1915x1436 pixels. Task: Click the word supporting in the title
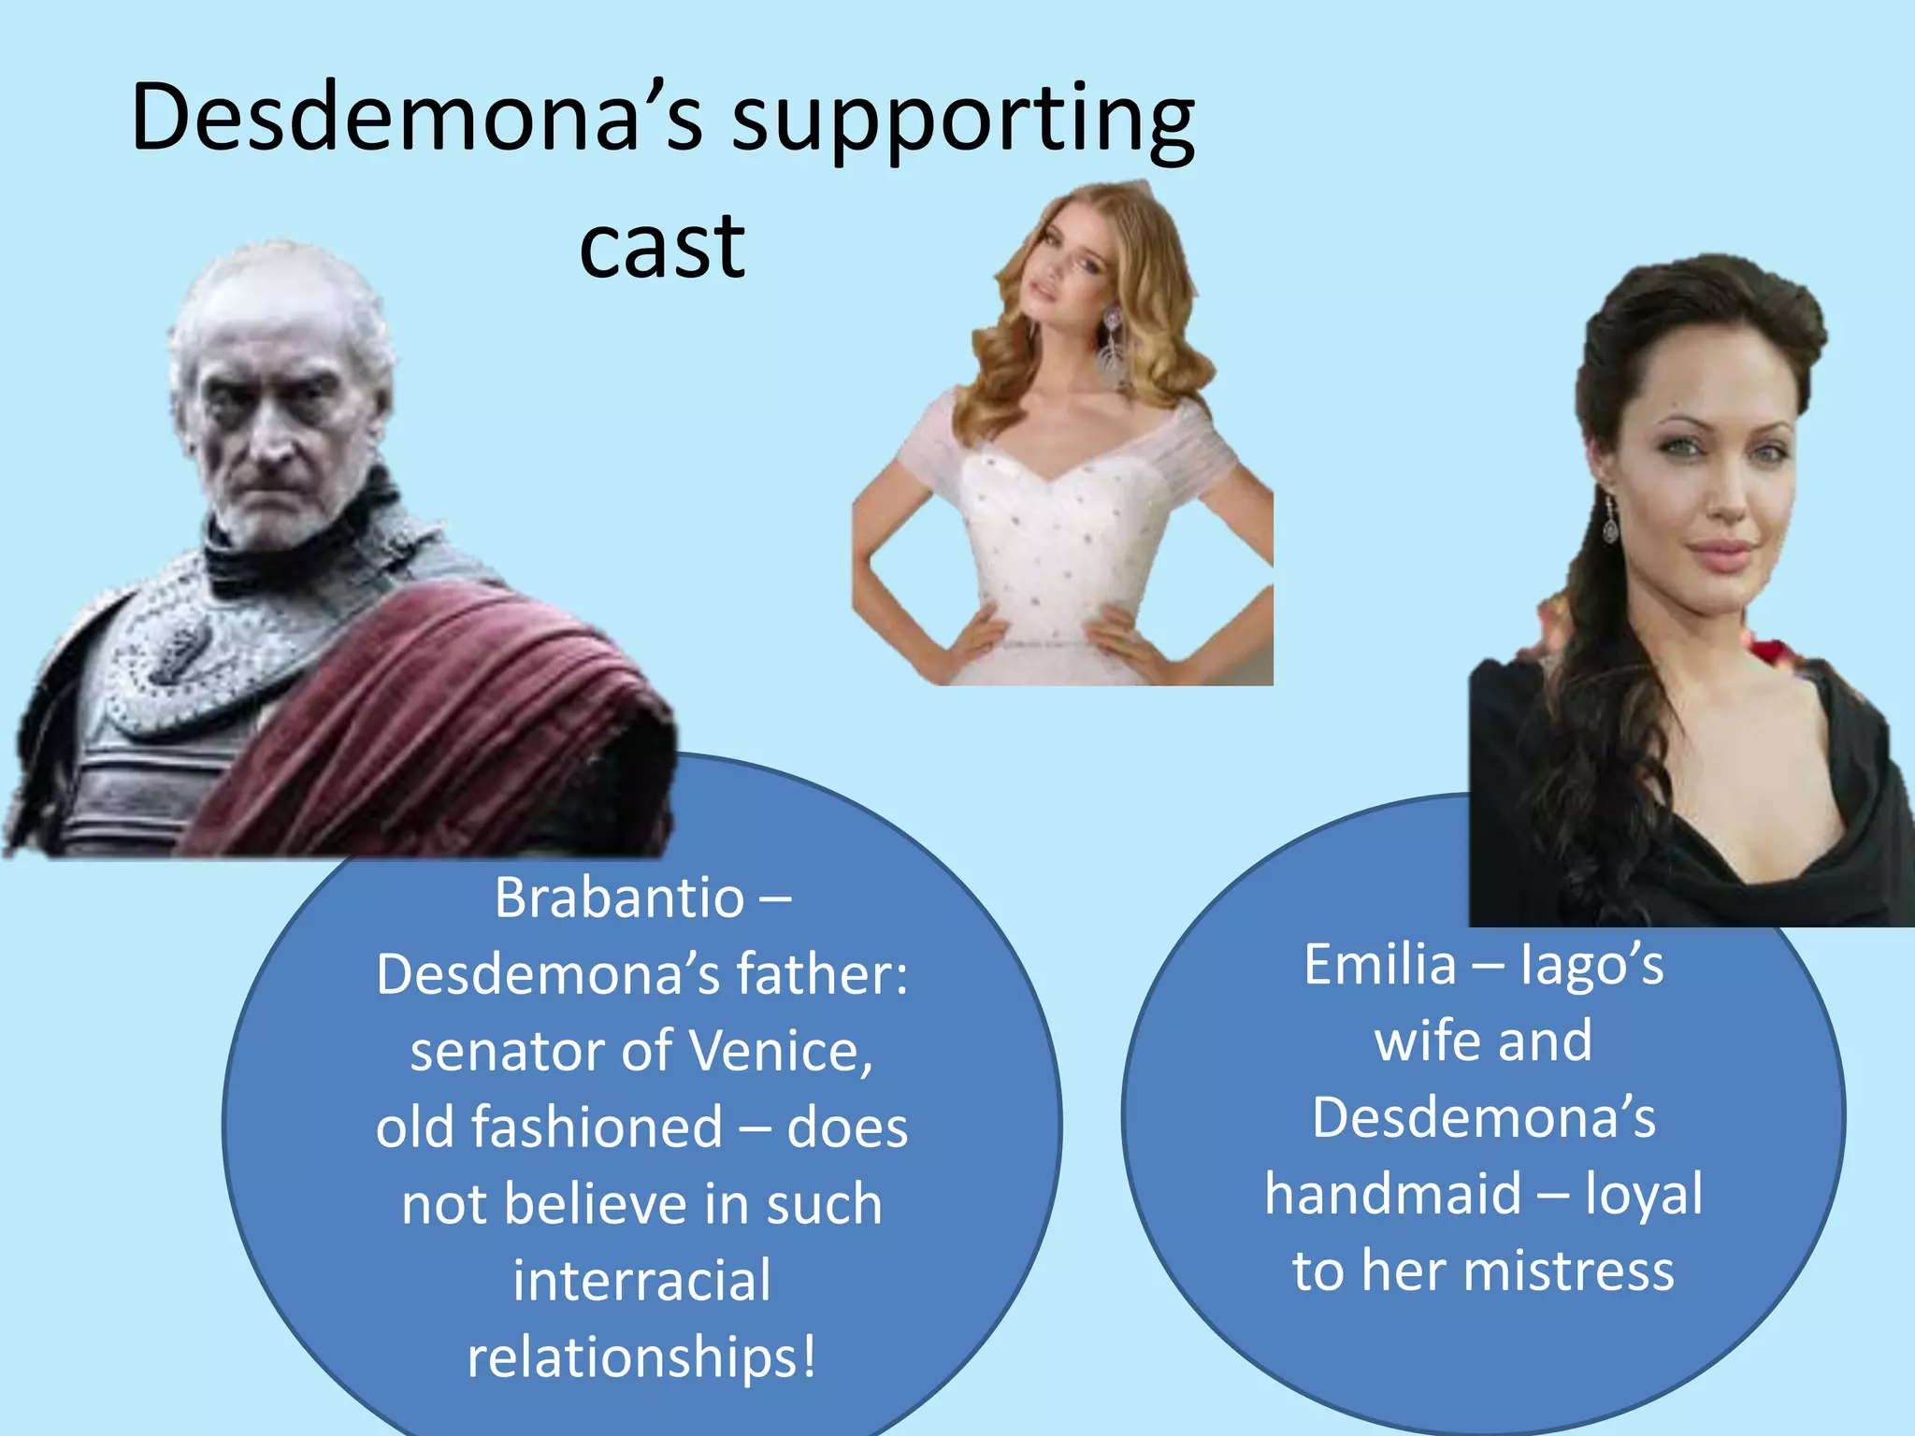[x=962, y=122]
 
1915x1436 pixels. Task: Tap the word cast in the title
[x=662, y=247]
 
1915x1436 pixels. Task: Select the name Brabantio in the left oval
[x=619, y=897]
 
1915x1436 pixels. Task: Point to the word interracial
[x=642, y=1280]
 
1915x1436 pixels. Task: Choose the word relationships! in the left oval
[x=642, y=1357]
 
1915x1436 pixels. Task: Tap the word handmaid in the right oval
[x=1392, y=1194]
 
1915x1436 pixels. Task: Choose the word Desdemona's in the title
[x=417, y=119]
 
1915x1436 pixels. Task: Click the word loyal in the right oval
[x=1643, y=1194]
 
